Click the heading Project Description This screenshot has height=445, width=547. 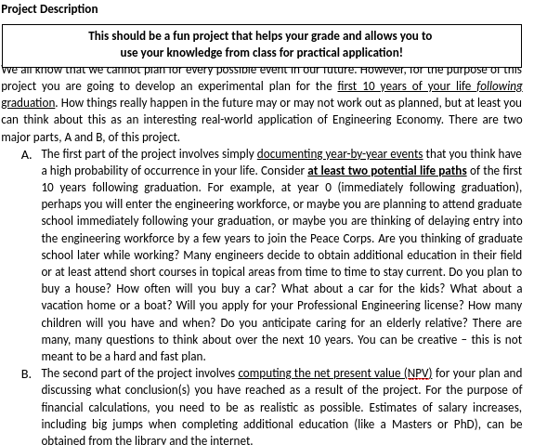tap(49, 9)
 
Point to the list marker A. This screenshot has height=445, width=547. tap(25, 154)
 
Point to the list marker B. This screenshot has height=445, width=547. tap(25, 373)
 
